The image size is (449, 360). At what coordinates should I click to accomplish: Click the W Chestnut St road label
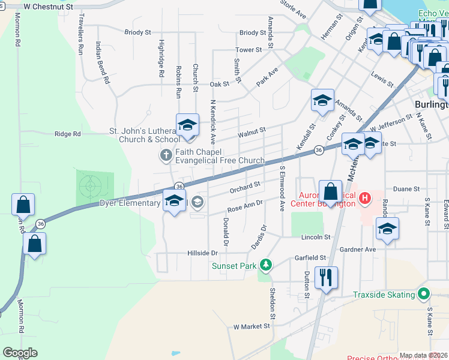tap(50, 7)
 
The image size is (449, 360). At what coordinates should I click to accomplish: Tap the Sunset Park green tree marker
tap(265, 265)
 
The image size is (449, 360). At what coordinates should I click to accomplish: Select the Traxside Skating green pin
tap(424, 294)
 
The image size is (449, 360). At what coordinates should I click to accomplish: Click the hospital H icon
tap(364, 197)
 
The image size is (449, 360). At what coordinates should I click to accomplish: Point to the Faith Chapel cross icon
tap(166, 156)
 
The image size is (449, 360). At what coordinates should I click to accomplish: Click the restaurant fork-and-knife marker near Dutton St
tap(326, 278)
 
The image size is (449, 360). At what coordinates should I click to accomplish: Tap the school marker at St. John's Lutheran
tap(187, 125)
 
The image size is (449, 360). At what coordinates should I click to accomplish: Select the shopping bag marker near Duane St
tap(330, 192)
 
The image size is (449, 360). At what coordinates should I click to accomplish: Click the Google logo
tap(20, 353)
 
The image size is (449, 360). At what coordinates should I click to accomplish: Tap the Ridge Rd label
tap(67, 134)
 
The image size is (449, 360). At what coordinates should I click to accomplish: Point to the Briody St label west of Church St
tap(137, 32)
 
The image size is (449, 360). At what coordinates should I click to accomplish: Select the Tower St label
tap(250, 50)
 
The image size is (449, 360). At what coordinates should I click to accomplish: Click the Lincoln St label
tap(316, 237)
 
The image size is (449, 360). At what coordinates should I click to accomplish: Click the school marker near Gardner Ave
tap(387, 229)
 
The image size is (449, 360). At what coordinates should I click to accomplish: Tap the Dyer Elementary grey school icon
tap(197, 204)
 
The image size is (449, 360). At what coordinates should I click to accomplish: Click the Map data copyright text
tap(423, 355)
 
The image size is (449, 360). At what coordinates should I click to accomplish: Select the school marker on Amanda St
tap(322, 100)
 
